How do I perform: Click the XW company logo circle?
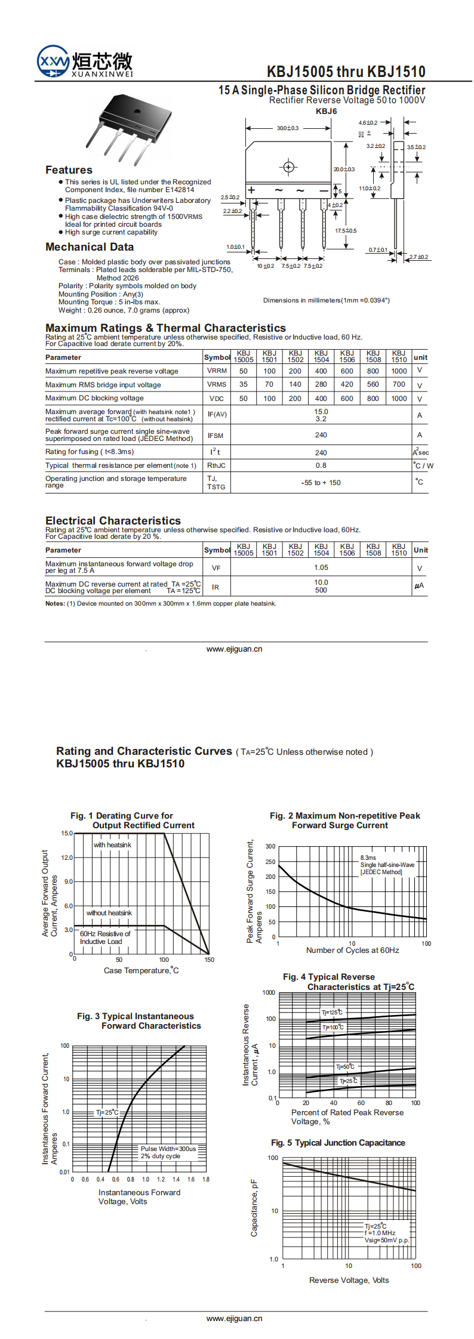pyautogui.click(x=53, y=61)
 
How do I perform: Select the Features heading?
pyautogui.click(x=69, y=170)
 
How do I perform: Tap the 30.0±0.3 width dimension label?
pyautogui.click(x=288, y=128)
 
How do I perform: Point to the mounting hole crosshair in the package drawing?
pyautogui.click(x=288, y=167)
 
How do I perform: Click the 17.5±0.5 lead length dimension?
pyautogui.click(x=345, y=231)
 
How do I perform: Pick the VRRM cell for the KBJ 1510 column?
pyautogui.click(x=399, y=371)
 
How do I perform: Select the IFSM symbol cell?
pyautogui.click(x=216, y=436)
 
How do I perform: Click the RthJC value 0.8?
pyautogui.click(x=321, y=465)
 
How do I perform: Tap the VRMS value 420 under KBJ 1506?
pyautogui.click(x=347, y=385)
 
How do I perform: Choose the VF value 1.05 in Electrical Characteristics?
pyautogui.click(x=321, y=568)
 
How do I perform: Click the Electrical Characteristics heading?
pyautogui.click(x=113, y=521)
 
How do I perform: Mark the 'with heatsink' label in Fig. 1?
pyautogui.click(x=112, y=845)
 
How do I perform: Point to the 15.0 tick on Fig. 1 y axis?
pyautogui.click(x=67, y=833)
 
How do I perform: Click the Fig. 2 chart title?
pyautogui.click(x=344, y=820)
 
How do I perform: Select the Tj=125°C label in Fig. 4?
pyautogui.click(x=332, y=1013)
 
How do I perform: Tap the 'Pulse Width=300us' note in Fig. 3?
pyautogui.click(x=168, y=1149)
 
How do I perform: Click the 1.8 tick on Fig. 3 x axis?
pyautogui.click(x=206, y=1179)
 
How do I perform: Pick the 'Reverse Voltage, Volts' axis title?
pyautogui.click(x=349, y=1280)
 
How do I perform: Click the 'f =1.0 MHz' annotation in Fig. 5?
pyautogui.click(x=380, y=1233)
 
